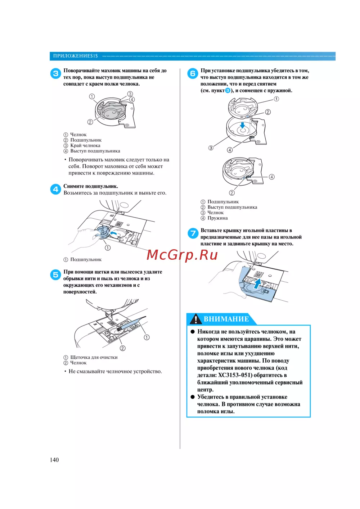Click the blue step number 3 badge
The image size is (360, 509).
tap(55, 74)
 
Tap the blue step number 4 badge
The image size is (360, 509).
tap(55, 189)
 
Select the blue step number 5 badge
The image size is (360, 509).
tap(55, 275)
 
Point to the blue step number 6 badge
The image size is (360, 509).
tap(193, 74)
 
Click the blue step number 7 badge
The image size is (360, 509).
tap(193, 233)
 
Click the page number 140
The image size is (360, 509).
tap(54, 460)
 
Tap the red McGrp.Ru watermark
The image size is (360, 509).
tap(182, 255)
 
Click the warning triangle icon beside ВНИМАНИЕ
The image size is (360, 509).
tap(195, 319)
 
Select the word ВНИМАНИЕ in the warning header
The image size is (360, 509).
tap(226, 319)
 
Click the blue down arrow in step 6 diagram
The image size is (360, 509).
tap(243, 125)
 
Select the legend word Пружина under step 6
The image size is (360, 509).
tap(217, 218)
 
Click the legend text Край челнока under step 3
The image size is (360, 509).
tap(85, 145)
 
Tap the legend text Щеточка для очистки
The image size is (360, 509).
tap(94, 357)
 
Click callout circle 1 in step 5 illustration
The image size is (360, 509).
tap(147, 337)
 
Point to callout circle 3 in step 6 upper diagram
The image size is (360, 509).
tap(211, 148)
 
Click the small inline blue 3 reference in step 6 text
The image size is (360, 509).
tap(228, 91)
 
